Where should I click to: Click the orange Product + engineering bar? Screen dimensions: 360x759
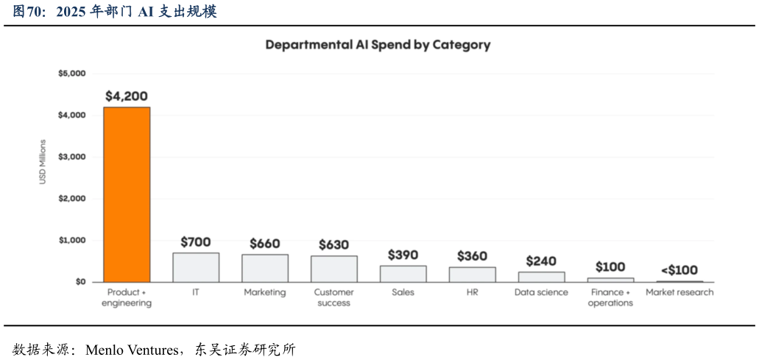[127, 194]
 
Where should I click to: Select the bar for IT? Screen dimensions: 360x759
[196, 267]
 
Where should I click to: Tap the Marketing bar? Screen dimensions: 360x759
[265, 268]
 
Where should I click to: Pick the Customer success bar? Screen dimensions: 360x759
[333, 269]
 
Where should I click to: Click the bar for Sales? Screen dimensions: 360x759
[403, 274]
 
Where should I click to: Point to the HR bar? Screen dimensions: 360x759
[472, 275]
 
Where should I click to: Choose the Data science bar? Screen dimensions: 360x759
[541, 277]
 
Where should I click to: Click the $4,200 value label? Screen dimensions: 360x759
[127, 96]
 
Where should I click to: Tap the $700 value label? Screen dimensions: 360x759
[196, 242]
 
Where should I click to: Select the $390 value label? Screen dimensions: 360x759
[403, 255]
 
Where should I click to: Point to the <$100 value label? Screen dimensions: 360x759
[679, 270]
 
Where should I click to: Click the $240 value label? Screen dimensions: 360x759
[541, 261]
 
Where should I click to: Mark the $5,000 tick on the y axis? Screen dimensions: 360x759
[72, 74]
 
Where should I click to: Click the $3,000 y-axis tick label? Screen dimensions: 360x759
[72, 157]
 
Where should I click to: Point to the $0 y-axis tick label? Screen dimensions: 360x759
[79, 282]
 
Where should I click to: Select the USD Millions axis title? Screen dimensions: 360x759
[43, 162]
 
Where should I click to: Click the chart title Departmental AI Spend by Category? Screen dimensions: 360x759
[378, 45]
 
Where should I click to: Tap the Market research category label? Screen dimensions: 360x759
[679, 292]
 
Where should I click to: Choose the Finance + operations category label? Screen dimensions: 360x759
[610, 297]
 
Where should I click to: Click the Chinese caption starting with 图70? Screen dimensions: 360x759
[115, 12]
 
